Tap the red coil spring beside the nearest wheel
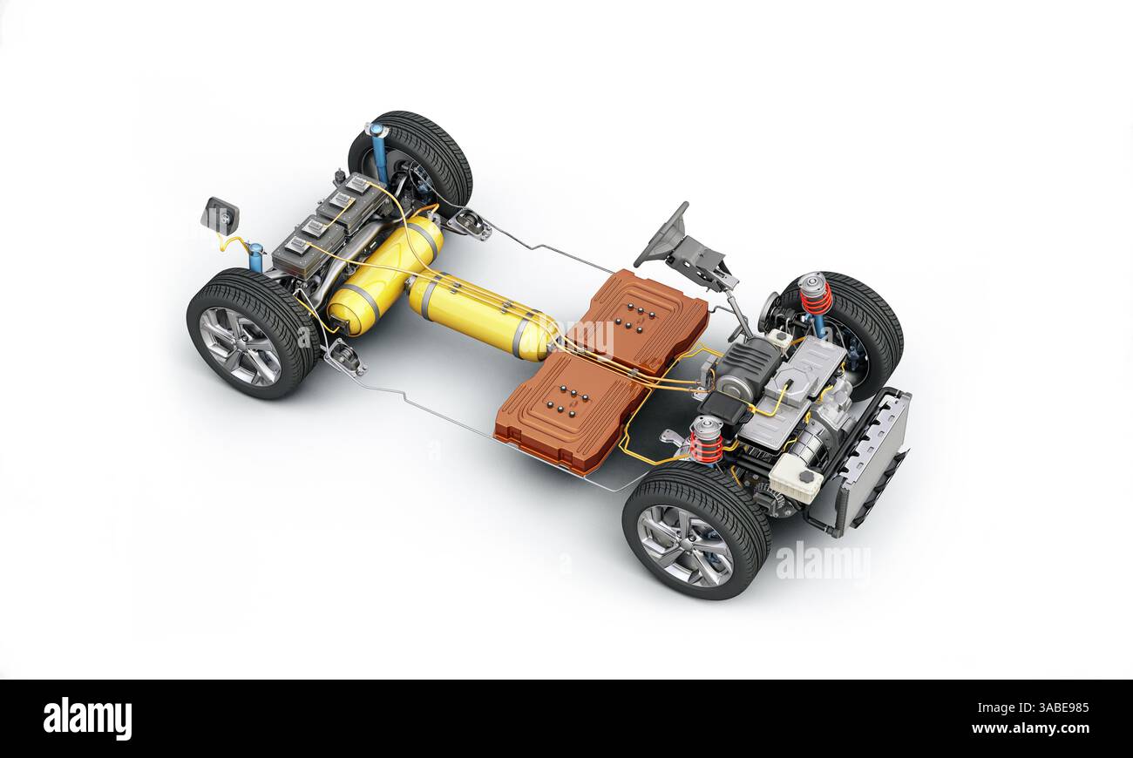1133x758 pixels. click(x=706, y=441)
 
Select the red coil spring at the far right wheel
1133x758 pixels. click(x=816, y=295)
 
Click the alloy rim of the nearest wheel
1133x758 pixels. click(x=684, y=545)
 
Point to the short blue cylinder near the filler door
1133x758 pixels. click(x=255, y=257)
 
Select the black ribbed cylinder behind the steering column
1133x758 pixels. click(x=745, y=366)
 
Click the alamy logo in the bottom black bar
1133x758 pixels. click(x=87, y=719)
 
